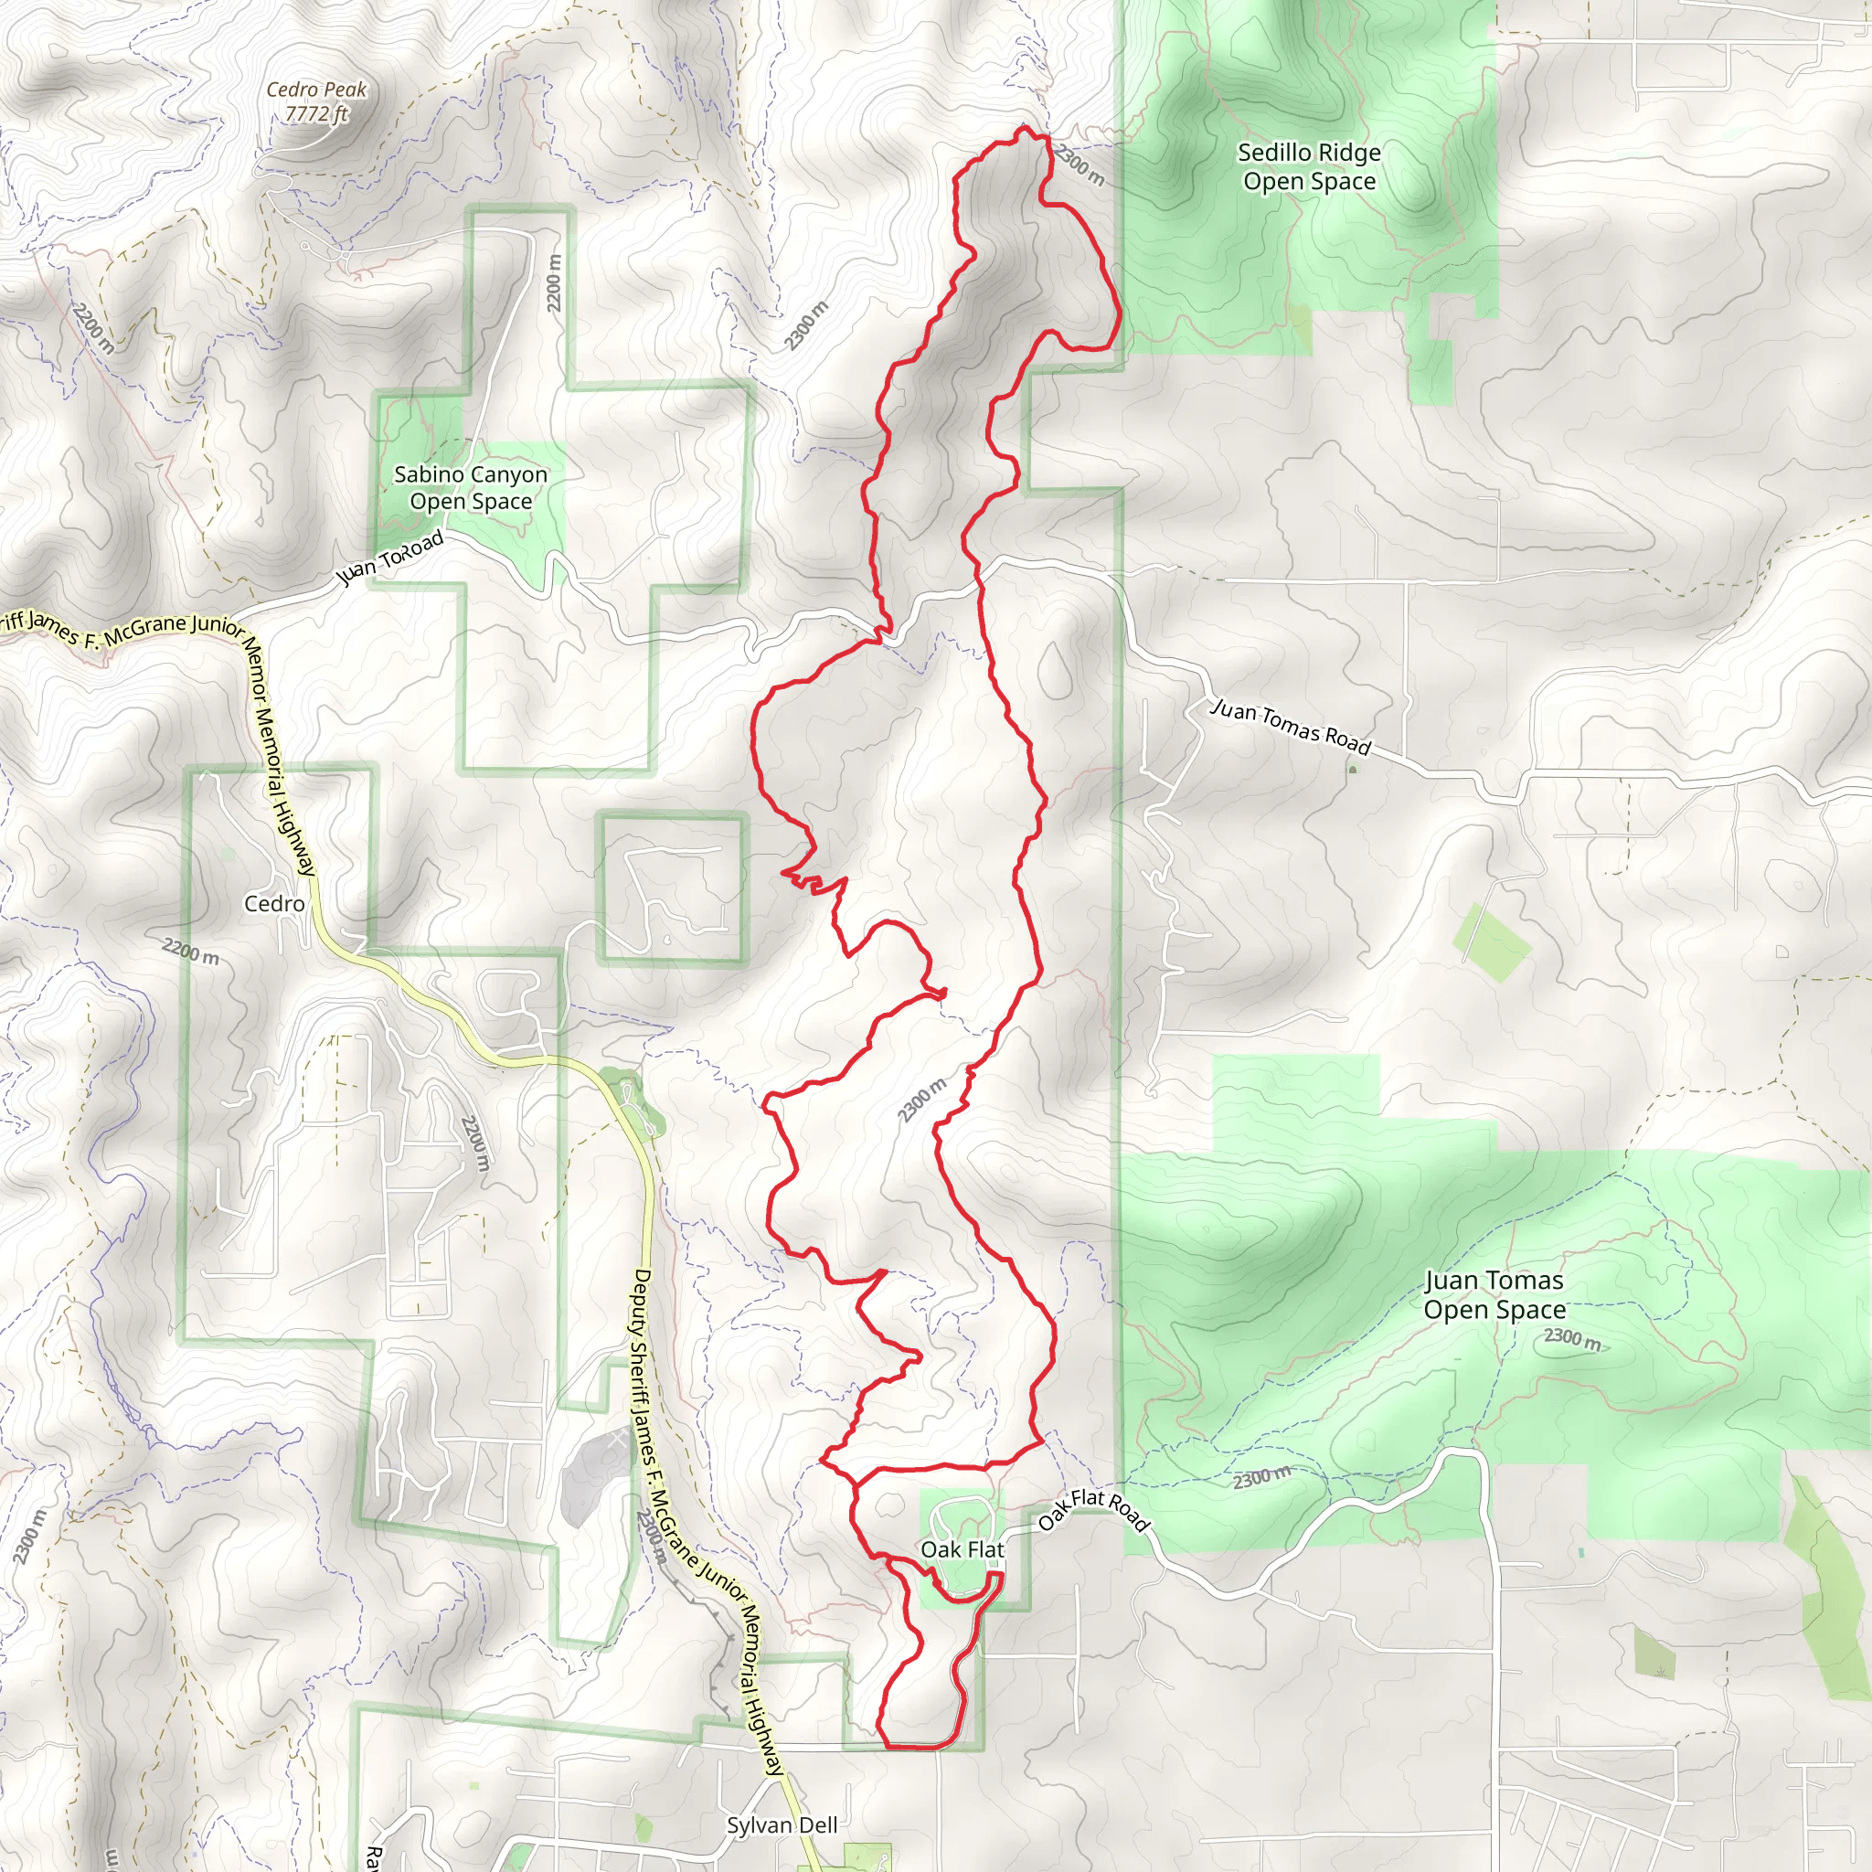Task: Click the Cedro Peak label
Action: click(x=316, y=90)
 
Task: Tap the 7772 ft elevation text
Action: click(x=316, y=113)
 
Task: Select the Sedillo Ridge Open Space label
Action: click(x=1309, y=166)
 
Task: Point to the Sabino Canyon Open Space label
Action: click(x=471, y=487)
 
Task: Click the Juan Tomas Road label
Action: click(x=1292, y=727)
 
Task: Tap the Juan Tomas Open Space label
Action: click(x=1494, y=1294)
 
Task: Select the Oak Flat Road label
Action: click(x=1093, y=1511)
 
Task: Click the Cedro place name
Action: click(x=274, y=904)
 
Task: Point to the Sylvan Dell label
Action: click(x=782, y=1825)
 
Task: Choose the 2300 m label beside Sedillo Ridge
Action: click(x=1079, y=164)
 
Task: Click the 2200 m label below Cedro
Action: click(x=190, y=952)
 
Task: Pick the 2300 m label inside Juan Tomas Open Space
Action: click(x=1571, y=1338)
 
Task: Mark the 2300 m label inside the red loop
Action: click(x=921, y=1101)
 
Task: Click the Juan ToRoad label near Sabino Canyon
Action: click(x=389, y=558)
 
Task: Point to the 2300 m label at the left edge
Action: click(x=29, y=1537)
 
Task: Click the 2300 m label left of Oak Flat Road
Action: click(x=1261, y=1478)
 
